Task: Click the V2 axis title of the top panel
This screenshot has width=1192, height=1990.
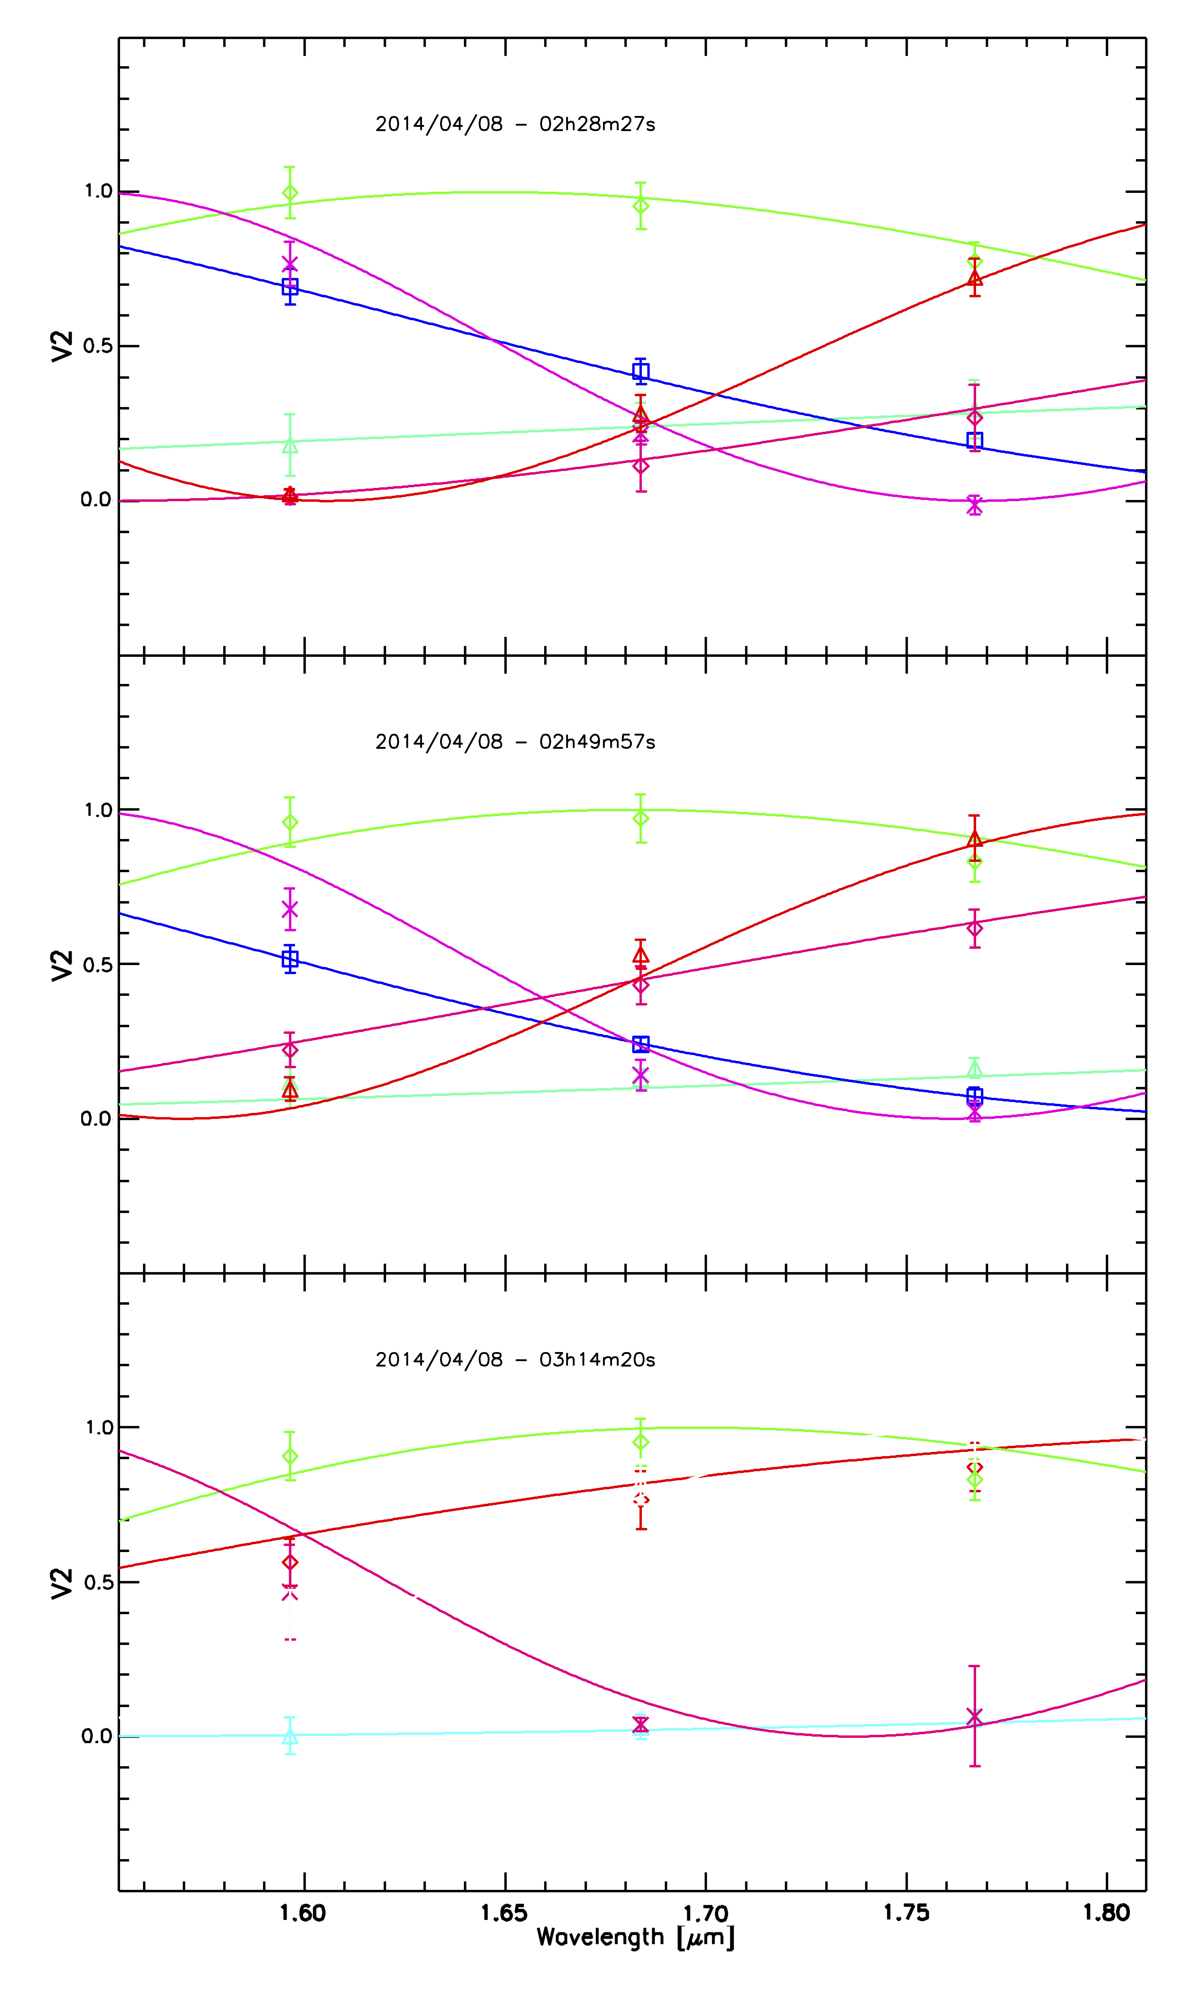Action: (62, 346)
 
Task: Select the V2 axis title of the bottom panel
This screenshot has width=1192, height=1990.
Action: (62, 1583)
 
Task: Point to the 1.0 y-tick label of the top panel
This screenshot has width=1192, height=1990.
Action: (98, 191)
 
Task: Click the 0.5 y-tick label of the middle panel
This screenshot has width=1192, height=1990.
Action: (98, 964)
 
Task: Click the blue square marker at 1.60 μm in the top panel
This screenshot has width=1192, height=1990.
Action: (290, 287)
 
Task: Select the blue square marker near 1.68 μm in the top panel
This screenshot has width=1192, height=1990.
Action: (640, 371)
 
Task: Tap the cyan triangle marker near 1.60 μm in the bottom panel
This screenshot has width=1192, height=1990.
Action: (290, 1737)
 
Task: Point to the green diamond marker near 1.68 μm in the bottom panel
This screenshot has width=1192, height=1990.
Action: (640, 1442)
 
